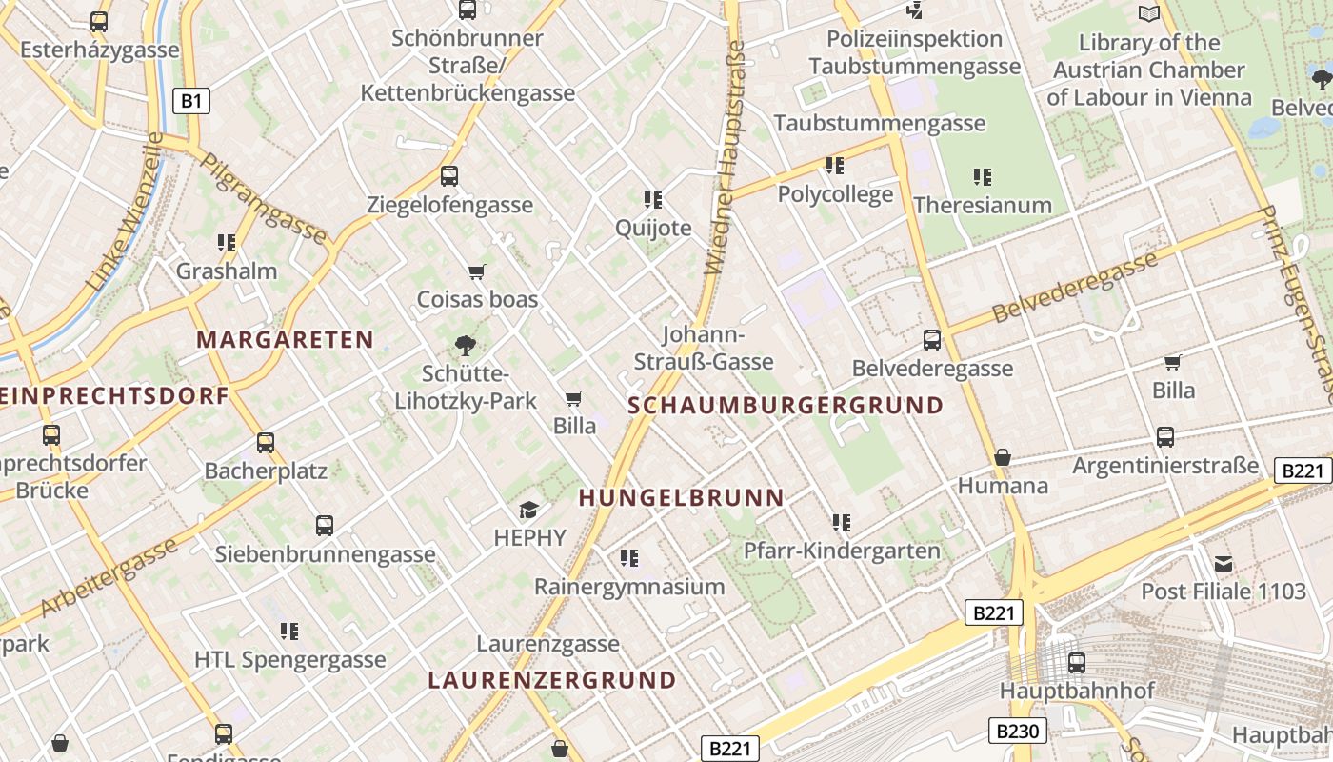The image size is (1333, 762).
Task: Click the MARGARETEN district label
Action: click(285, 340)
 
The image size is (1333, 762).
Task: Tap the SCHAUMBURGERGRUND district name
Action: click(786, 406)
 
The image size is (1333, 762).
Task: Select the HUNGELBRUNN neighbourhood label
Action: click(682, 497)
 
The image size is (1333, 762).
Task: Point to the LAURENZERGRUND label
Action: click(552, 681)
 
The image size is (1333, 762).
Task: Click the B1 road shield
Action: click(190, 101)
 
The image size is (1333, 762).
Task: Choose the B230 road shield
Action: click(1018, 732)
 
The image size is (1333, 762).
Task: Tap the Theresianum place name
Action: click(983, 205)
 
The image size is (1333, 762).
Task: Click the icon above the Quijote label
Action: click(652, 199)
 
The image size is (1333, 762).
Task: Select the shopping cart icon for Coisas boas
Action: click(477, 271)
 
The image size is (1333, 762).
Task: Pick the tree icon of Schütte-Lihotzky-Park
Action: click(466, 345)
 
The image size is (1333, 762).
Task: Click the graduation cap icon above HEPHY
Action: click(528, 511)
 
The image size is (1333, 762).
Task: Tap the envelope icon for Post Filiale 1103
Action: click(1223, 563)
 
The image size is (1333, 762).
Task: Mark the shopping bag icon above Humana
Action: click(1002, 458)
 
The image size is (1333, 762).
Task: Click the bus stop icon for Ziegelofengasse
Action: click(449, 176)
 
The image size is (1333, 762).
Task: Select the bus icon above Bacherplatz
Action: click(266, 443)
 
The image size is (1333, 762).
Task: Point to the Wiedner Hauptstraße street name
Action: click(725, 157)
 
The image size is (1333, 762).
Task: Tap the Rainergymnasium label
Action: click(629, 586)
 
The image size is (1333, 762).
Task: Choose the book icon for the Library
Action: click(1149, 13)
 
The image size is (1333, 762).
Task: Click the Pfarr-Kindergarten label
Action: click(842, 551)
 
